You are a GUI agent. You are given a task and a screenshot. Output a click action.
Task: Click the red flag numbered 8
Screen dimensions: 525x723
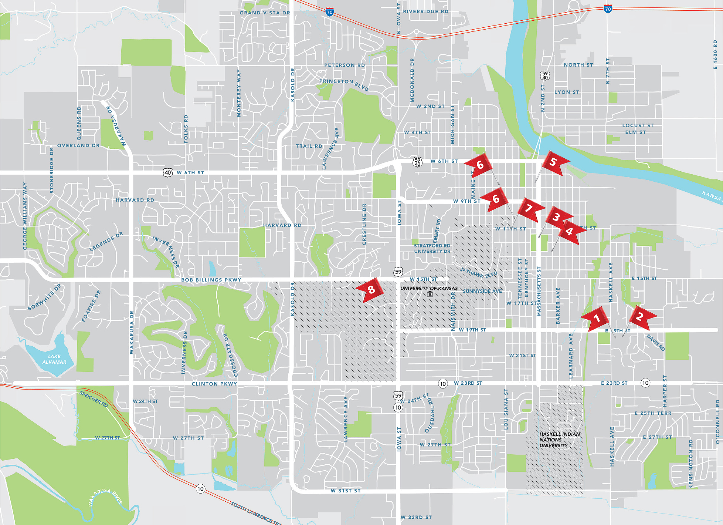pyautogui.click(x=371, y=290)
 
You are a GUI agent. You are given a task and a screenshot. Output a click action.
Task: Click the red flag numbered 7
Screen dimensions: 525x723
pyautogui.click(x=529, y=209)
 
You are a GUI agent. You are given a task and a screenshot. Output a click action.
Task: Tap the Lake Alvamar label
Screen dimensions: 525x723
pyautogui.click(x=54, y=359)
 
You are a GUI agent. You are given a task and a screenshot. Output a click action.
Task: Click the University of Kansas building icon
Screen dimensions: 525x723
pyautogui.click(x=430, y=294)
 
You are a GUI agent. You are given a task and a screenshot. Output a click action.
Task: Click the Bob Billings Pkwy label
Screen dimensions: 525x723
pyautogui.click(x=211, y=280)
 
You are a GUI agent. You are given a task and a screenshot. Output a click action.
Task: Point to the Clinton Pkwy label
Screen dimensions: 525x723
pyautogui.click(x=214, y=384)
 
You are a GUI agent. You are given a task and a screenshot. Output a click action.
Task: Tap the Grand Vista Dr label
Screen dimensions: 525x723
pyautogui.click(x=265, y=13)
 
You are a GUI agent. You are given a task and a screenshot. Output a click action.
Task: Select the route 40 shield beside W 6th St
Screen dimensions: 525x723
pyautogui.click(x=168, y=172)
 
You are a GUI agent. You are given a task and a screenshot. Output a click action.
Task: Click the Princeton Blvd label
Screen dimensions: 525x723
pyautogui.click(x=344, y=84)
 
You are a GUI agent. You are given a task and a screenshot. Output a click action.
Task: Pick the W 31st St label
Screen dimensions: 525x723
pyautogui.click(x=346, y=491)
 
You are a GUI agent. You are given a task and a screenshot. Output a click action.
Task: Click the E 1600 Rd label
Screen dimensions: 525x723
pyautogui.click(x=715, y=54)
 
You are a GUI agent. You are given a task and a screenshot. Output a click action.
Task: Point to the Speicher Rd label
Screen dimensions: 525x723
pyautogui.click(x=94, y=399)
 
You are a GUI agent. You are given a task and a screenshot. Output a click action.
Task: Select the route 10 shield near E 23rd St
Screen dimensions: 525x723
pyautogui.click(x=645, y=383)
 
